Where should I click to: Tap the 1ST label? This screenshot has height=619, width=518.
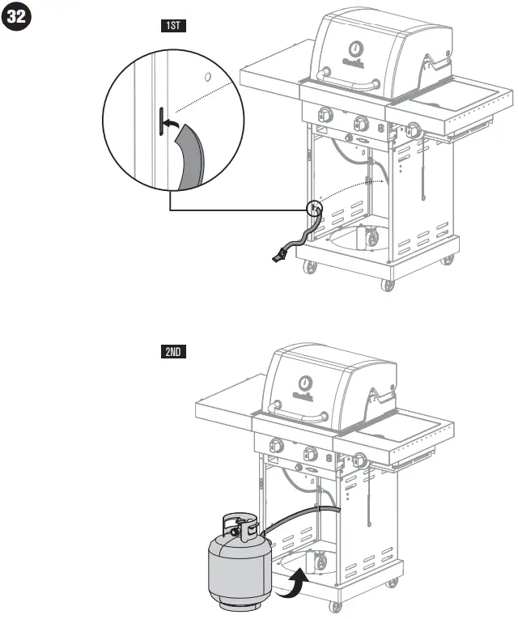(x=172, y=26)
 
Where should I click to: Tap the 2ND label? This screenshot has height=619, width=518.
(x=172, y=352)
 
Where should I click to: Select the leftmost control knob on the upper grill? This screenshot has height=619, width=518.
(x=325, y=115)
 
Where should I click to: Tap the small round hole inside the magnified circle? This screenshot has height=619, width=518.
(x=207, y=78)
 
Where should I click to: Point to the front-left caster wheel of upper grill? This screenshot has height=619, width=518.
(x=308, y=268)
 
